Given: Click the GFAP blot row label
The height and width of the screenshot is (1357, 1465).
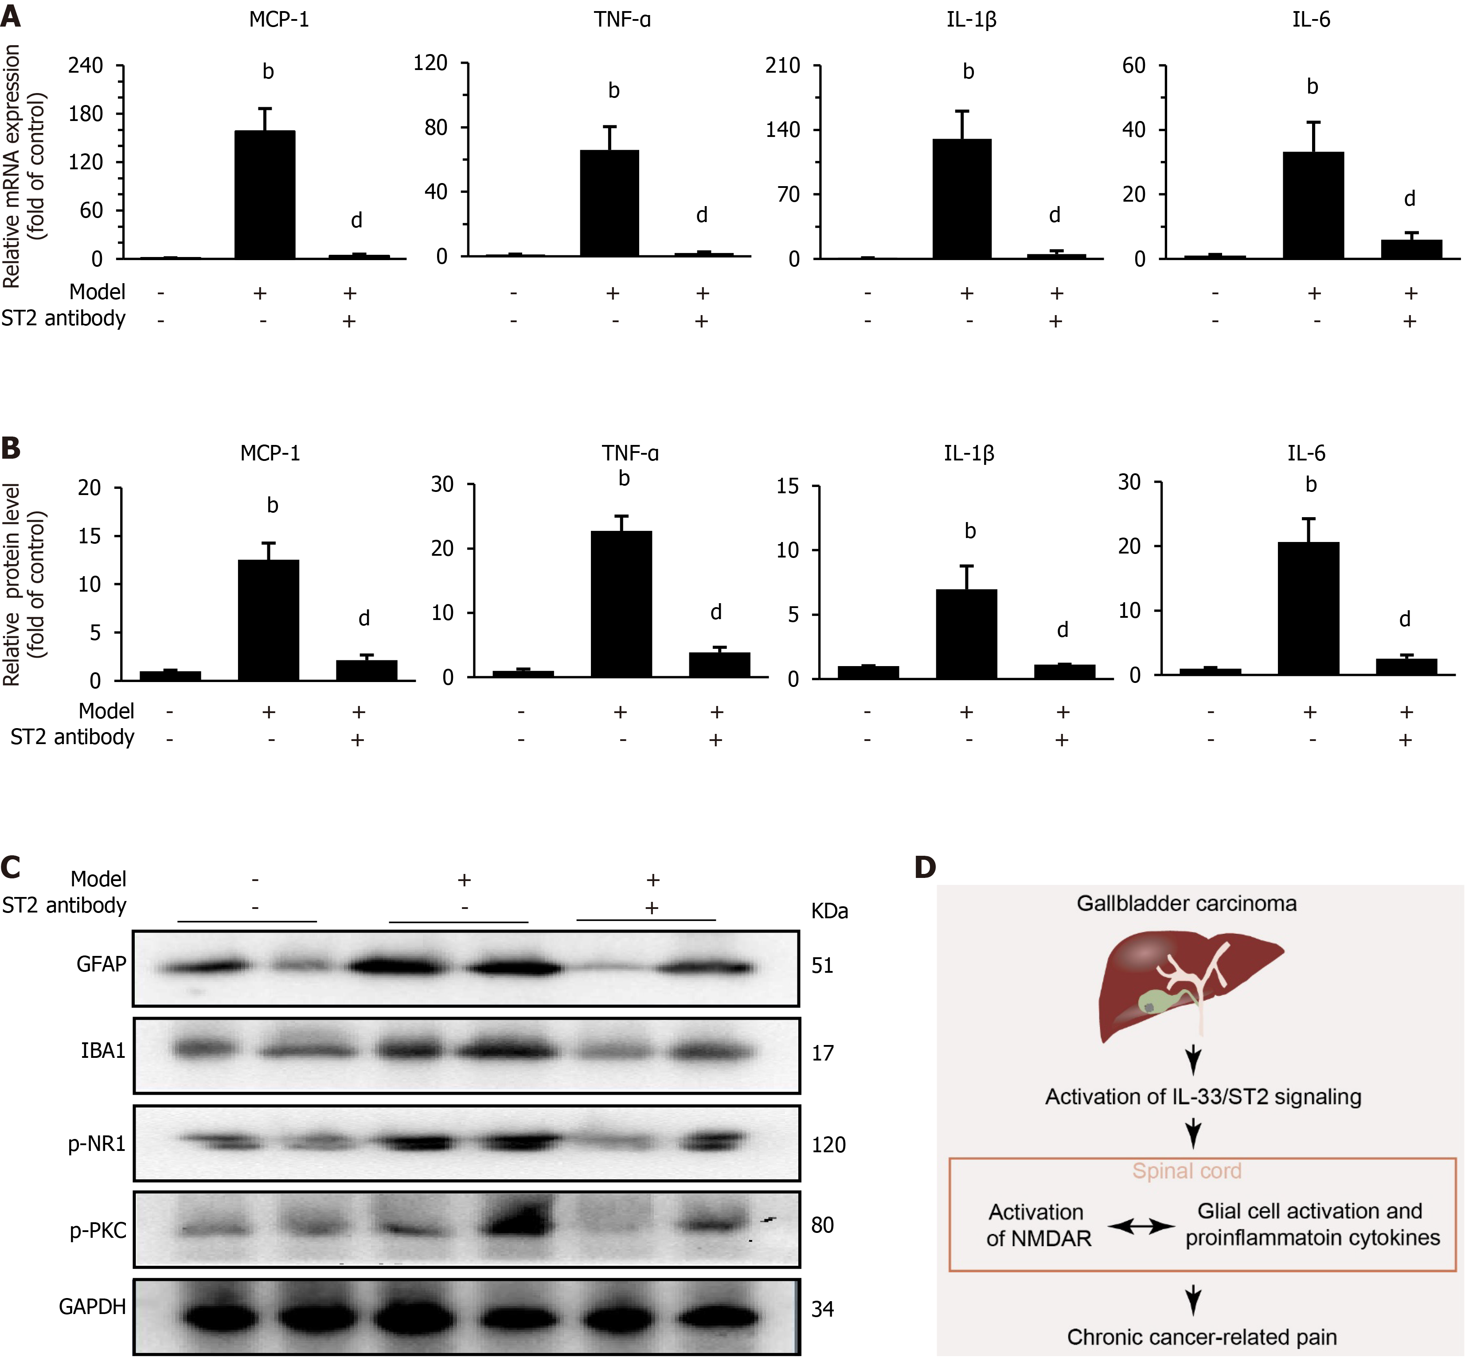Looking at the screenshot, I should tap(102, 964).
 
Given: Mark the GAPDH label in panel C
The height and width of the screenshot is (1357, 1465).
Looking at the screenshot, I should tap(93, 1307).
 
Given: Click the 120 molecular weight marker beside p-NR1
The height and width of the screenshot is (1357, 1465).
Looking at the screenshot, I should tap(828, 1145).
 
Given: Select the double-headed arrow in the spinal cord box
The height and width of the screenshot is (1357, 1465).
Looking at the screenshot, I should tap(1141, 1226).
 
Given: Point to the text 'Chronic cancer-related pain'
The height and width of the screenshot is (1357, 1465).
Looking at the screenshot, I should tap(1201, 1337).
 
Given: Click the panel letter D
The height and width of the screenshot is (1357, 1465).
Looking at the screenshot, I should tap(925, 867).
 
